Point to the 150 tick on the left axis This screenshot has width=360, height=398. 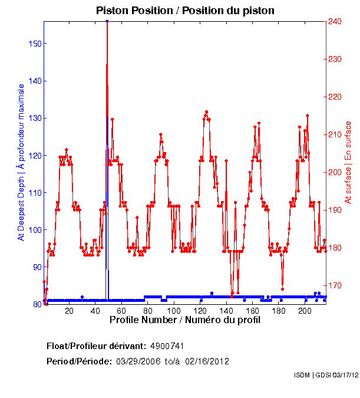pyautogui.click(x=35, y=44)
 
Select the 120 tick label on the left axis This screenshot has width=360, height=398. pyautogui.click(x=35, y=156)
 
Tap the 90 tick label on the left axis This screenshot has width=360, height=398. pyautogui.click(x=37, y=267)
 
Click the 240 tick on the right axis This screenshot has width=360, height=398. pyautogui.click(x=335, y=22)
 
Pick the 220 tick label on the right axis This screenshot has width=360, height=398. pyautogui.click(x=335, y=97)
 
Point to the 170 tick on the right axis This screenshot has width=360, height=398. pyautogui.click(x=335, y=285)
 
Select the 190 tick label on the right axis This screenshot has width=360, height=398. pyautogui.click(x=335, y=210)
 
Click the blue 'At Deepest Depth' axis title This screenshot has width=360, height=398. pyautogui.click(x=21, y=162)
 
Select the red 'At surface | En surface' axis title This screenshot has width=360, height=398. pyautogui.click(x=348, y=163)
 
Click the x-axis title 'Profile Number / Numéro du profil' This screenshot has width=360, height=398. pyautogui.click(x=184, y=320)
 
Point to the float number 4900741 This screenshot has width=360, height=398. pyautogui.click(x=171, y=346)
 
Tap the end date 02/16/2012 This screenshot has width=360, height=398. pyautogui.click(x=207, y=361)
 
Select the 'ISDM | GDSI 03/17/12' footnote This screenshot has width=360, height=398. pyautogui.click(x=326, y=375)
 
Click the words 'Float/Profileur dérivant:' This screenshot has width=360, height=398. pyautogui.click(x=96, y=346)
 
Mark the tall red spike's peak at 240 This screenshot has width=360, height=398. pyautogui.click(x=107, y=22)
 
